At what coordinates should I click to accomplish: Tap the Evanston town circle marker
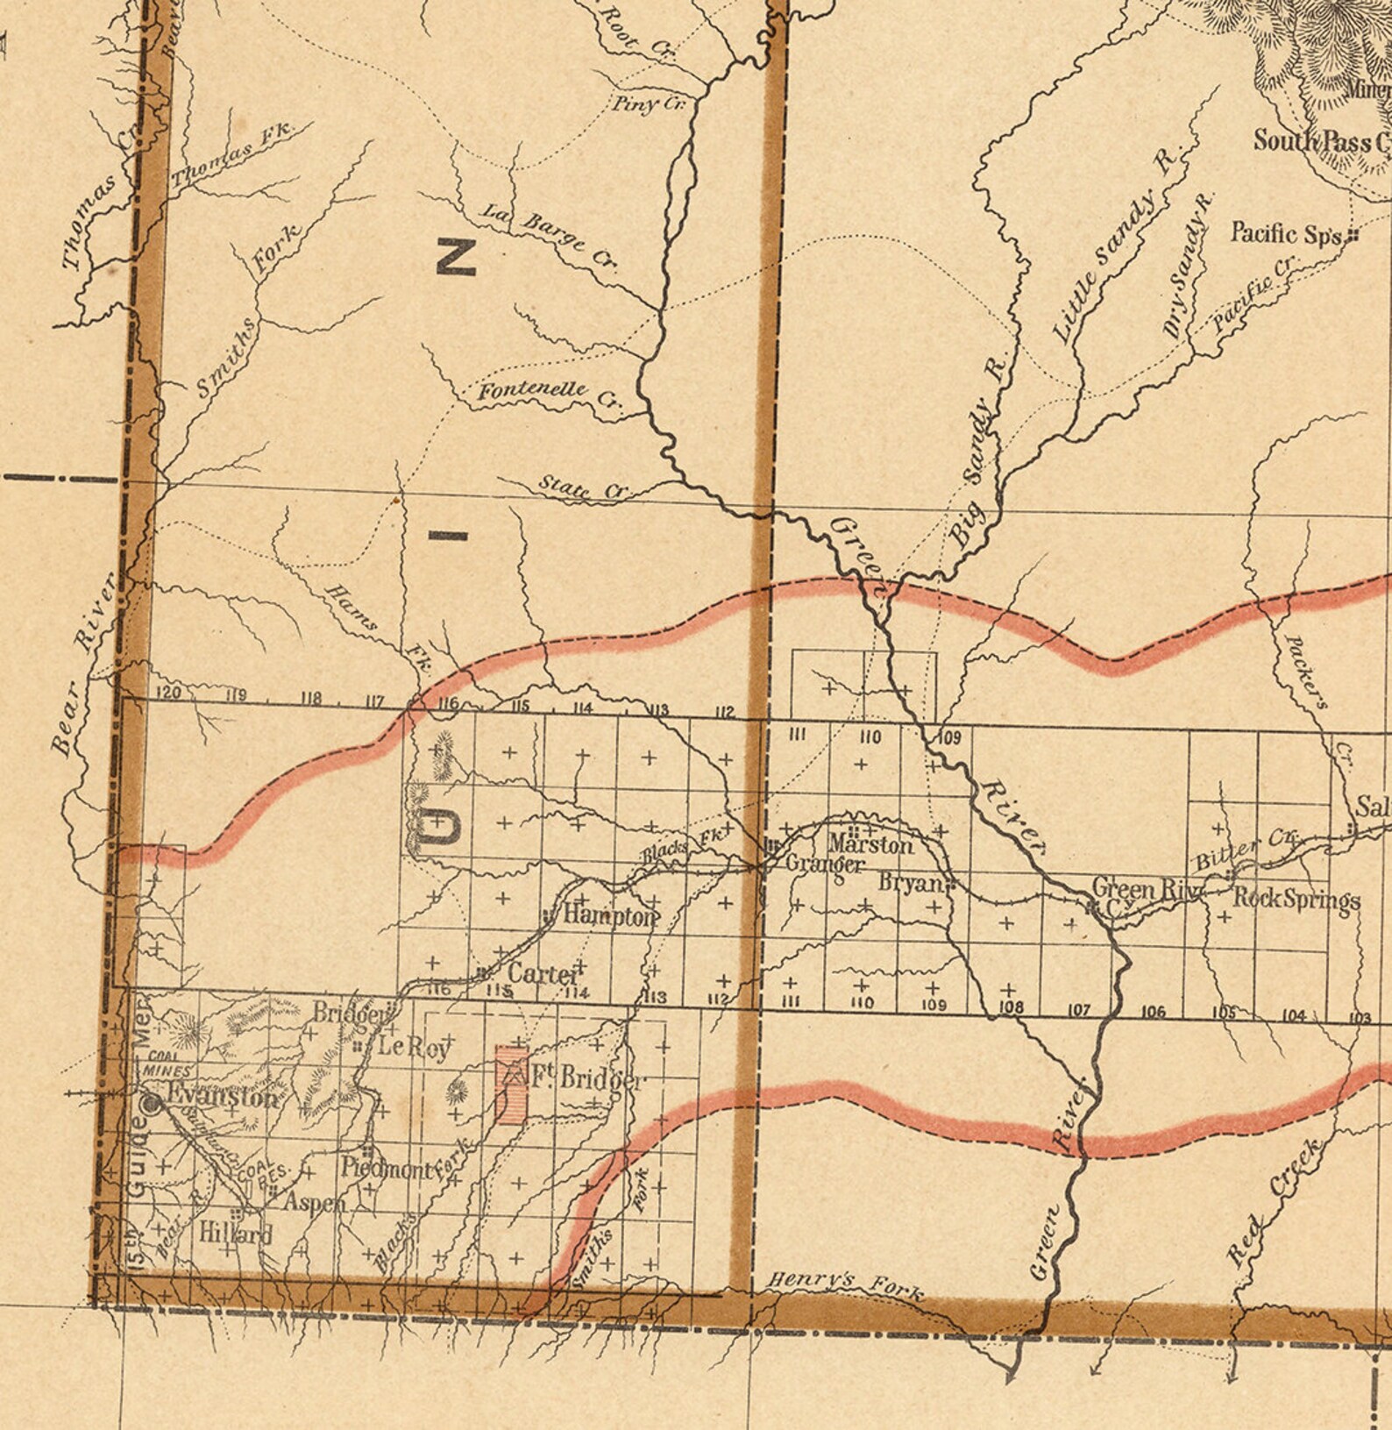152,1104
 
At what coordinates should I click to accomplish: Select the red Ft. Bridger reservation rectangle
511,1084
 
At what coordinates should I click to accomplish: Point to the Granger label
825,864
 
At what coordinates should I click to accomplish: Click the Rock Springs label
1296,900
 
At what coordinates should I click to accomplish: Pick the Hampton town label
610,916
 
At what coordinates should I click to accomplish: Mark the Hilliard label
235,1233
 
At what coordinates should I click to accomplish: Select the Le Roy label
414,1047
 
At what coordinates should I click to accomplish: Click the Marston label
870,844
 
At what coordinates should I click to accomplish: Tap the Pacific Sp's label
1287,234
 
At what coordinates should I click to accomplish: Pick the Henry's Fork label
845,1284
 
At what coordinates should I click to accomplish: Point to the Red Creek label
1275,1201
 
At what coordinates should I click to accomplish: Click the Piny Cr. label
647,104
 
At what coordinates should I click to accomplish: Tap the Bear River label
83,663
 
